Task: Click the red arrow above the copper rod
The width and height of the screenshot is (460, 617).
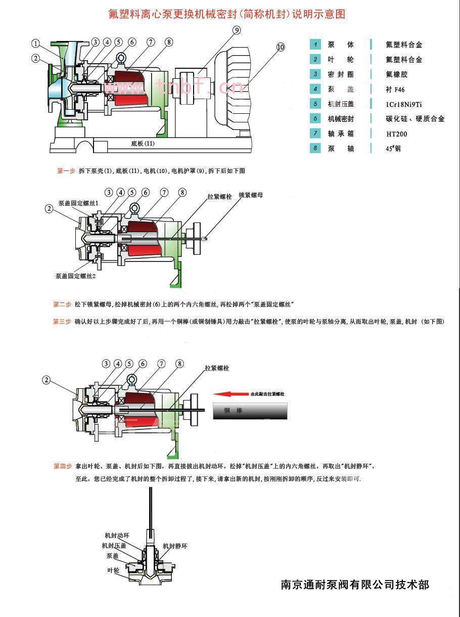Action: point(230,394)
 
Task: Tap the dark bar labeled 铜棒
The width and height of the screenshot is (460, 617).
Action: point(250,411)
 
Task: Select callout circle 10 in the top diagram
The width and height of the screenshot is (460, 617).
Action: point(281,48)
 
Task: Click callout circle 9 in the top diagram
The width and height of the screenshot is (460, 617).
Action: point(237,30)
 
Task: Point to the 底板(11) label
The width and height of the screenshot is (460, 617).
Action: point(143,144)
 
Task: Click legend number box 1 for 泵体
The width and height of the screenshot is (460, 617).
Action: point(315,45)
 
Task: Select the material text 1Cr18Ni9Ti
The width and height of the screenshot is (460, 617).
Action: point(403,104)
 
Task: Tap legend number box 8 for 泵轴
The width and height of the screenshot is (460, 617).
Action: point(315,149)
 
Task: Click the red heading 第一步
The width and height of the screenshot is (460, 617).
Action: point(66,171)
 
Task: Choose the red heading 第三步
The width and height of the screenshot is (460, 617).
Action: point(62,321)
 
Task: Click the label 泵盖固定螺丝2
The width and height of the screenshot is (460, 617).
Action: point(76,276)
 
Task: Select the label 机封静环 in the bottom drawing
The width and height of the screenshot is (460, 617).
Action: point(175,546)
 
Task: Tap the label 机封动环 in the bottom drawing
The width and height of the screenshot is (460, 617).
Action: point(117,535)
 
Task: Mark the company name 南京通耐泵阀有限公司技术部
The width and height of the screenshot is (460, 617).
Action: point(355,585)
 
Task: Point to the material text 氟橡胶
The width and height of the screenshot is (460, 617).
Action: point(396,74)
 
